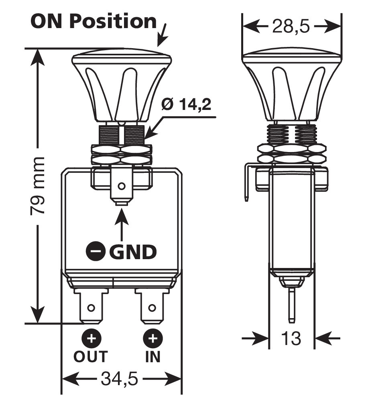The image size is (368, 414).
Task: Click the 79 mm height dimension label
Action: pyautogui.click(x=38, y=186)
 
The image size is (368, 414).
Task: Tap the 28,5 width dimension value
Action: pyautogui.click(x=292, y=27)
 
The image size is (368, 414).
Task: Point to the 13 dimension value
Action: pyautogui.click(x=291, y=339)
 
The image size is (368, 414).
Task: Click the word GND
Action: pyautogui.click(x=133, y=252)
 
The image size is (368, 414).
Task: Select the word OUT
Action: pyautogui.click(x=91, y=356)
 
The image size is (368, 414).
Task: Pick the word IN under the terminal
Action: pyautogui.click(x=152, y=356)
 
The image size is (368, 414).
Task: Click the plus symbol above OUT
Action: pyautogui.click(x=92, y=339)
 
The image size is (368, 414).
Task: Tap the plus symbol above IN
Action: pyautogui.click(x=152, y=339)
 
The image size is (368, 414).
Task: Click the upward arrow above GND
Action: pyautogui.click(x=122, y=225)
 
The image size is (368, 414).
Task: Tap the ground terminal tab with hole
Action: pyautogui.click(x=121, y=187)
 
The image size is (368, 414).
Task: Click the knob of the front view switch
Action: pyautogui.click(x=122, y=86)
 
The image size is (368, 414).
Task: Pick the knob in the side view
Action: pyautogui.click(x=292, y=86)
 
